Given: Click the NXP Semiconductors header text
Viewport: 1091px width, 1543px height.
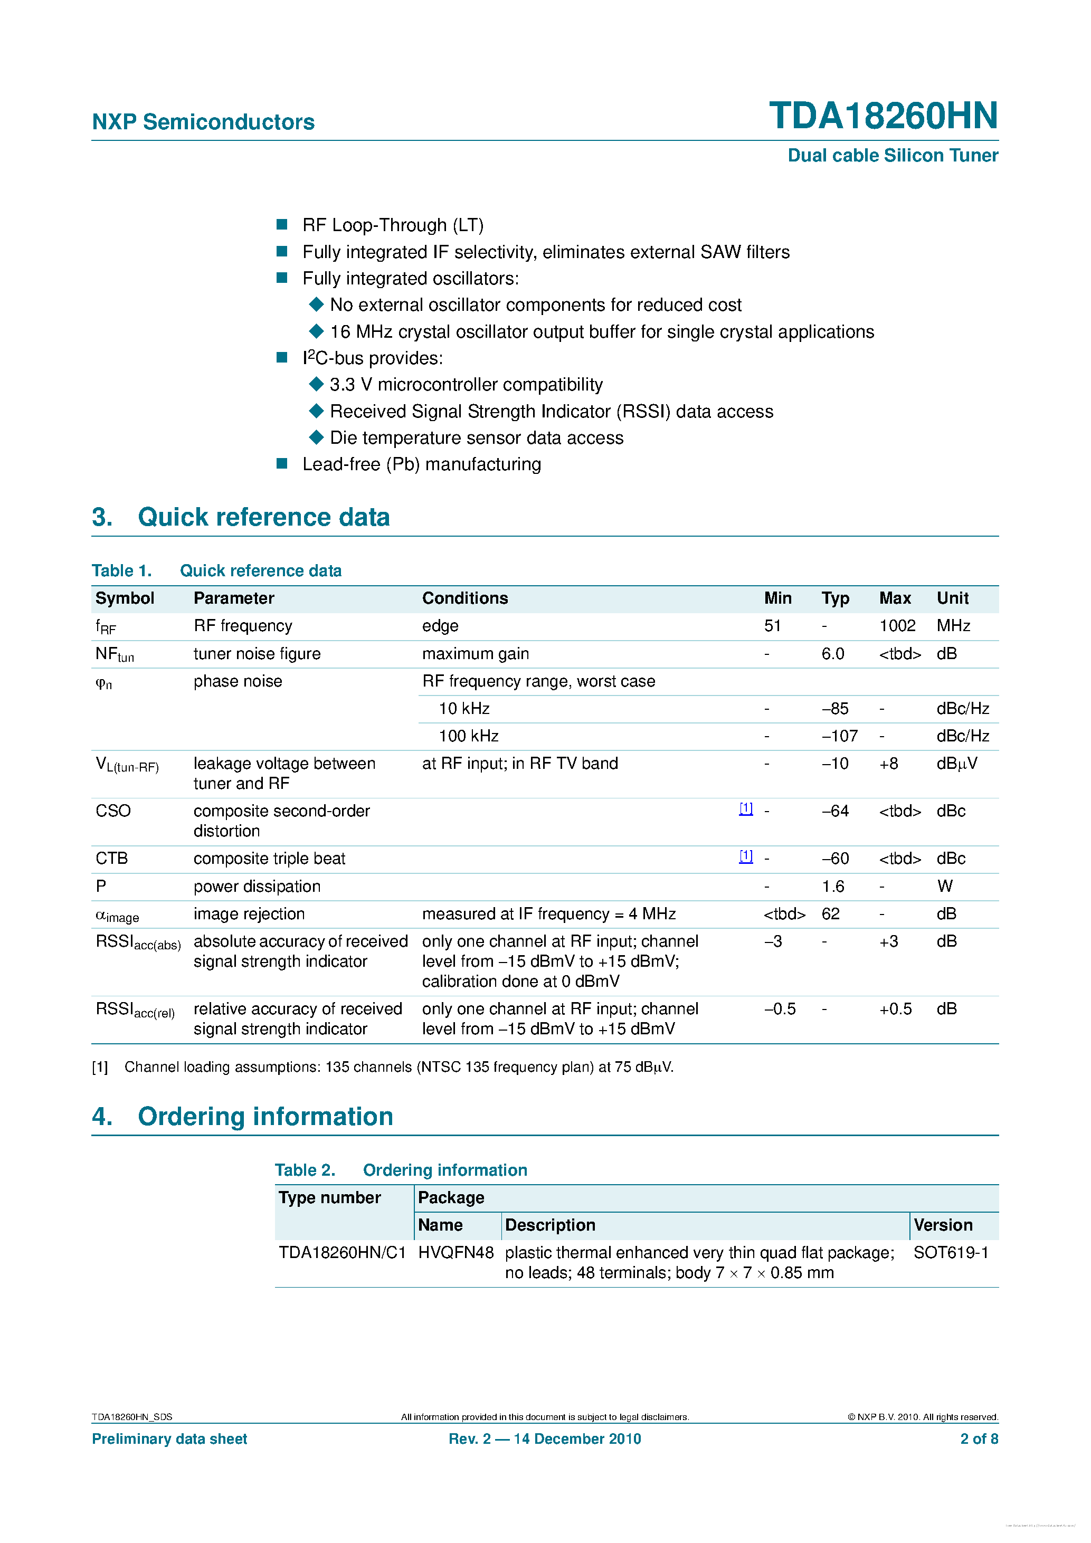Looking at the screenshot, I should tap(203, 122).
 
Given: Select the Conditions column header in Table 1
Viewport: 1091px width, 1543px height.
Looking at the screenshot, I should tap(464, 598).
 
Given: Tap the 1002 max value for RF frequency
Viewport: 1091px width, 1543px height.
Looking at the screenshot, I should tap(897, 626).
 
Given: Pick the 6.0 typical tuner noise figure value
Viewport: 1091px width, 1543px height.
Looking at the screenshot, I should tap(832, 653).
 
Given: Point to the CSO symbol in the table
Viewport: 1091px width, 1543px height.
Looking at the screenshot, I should tap(113, 811).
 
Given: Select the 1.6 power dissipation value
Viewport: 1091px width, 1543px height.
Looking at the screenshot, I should tap(832, 887).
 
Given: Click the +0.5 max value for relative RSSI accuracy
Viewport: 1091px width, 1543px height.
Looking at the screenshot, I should tap(895, 1009).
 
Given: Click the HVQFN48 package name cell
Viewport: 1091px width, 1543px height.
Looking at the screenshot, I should tap(455, 1253).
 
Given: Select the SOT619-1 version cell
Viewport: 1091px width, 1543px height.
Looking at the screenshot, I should tap(951, 1253).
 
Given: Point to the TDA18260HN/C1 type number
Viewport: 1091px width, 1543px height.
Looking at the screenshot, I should tap(342, 1253).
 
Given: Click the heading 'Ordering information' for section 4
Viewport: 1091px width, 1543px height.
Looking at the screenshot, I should tap(265, 1116).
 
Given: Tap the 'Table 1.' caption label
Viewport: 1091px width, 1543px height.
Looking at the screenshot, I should tap(122, 570).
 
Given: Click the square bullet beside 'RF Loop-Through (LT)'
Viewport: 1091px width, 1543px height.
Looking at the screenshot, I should tap(282, 224).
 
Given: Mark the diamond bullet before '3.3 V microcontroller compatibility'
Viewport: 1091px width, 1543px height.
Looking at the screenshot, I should tap(316, 384).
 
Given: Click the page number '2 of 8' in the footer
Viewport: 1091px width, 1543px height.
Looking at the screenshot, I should tap(978, 1439).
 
